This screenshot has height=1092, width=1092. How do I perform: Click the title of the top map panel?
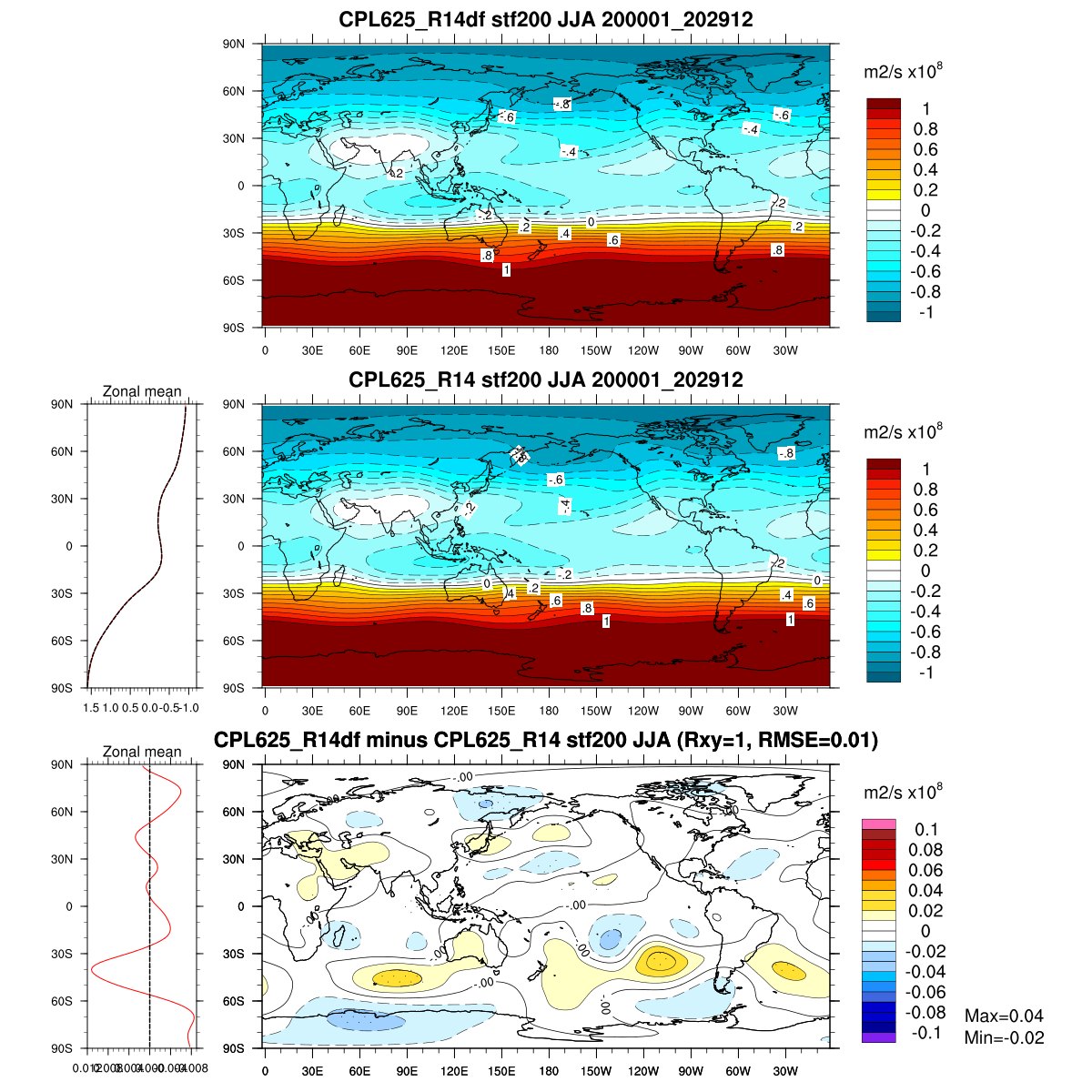coord(546,19)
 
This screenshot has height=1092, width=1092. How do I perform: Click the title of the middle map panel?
coord(546,379)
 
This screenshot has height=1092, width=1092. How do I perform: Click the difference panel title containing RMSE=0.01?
coord(546,740)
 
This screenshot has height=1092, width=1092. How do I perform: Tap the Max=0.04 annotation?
coord(1004,1016)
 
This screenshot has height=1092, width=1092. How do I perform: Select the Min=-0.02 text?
coord(1004,1038)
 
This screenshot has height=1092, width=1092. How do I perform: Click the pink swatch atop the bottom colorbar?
coord(879,824)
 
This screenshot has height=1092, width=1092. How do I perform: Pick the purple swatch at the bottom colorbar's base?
coord(879,1036)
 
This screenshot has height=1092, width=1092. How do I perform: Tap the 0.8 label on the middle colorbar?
coord(925,490)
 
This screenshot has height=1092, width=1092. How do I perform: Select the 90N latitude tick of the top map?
coord(235,44)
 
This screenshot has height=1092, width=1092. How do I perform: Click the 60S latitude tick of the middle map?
coord(235,641)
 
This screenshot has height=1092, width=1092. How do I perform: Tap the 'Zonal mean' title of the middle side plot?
coord(142,392)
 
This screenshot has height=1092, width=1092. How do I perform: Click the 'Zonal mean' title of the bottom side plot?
coord(142,753)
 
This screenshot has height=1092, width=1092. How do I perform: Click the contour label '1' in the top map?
coord(506,270)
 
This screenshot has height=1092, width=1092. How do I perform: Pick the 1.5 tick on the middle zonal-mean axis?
coord(92,707)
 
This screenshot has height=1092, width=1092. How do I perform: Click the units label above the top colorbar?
coord(902,72)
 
